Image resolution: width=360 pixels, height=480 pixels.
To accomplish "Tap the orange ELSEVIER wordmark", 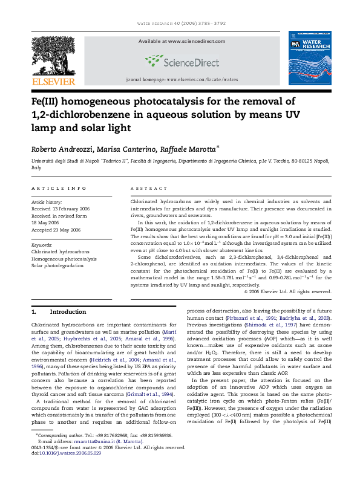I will coord(53,81).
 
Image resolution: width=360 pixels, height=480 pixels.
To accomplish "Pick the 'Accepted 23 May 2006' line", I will coord(56,230).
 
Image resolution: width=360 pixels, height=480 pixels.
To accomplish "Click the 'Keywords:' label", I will coord(42,245).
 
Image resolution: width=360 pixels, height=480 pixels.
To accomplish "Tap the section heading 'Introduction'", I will coord(68,312).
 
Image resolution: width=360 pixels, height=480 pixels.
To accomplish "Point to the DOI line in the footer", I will coord(66,470).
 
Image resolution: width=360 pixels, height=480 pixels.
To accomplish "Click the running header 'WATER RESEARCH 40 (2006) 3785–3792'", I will coord(180,24).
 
